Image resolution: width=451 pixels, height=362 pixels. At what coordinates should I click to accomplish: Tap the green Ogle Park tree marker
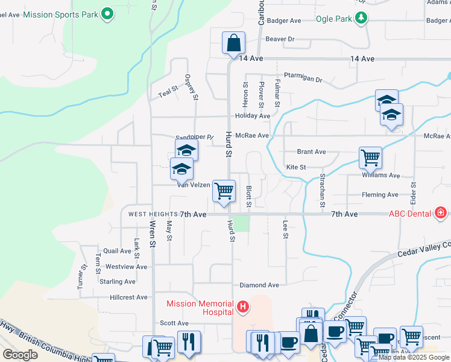coord(361,18)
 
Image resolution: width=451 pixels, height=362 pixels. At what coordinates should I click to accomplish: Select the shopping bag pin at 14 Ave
coord(233,43)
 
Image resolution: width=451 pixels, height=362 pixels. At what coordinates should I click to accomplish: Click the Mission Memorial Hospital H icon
coord(242,308)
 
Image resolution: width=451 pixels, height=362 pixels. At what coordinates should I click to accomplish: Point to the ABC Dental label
coord(410,214)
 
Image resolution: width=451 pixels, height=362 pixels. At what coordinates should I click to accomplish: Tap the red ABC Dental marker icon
coord(441,213)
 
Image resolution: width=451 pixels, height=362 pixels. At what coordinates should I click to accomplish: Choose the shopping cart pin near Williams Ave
coord(370,159)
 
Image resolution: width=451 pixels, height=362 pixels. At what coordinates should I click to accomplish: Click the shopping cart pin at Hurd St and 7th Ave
coord(224,192)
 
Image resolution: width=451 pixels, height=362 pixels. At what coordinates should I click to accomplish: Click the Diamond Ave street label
coord(259,285)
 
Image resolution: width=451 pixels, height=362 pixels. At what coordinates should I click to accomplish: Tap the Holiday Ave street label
coord(253,116)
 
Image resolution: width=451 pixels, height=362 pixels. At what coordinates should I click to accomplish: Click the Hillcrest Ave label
coord(129,297)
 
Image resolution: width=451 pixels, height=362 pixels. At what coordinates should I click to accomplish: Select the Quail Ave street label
coord(118,251)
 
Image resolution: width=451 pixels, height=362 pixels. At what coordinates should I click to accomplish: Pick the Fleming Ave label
coord(380,195)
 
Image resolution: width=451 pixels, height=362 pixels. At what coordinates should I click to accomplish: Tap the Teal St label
coord(169,92)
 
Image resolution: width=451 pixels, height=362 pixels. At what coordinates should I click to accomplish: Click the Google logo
coord(20,355)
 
